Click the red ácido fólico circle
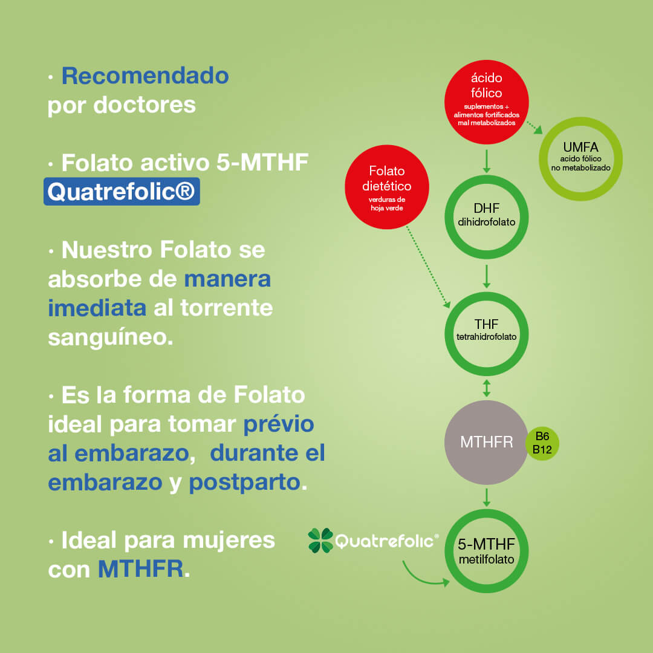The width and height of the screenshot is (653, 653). (x=486, y=102)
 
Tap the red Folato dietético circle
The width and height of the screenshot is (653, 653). (x=387, y=187)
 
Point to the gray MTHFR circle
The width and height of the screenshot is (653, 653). (x=486, y=442)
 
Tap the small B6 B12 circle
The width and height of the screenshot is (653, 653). (x=542, y=443)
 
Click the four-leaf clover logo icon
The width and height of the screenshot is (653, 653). (x=320, y=541)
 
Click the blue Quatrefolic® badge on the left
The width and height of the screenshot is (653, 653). (x=122, y=192)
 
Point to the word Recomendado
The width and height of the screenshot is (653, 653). (x=145, y=76)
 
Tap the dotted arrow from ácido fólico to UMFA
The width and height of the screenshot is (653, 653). (x=534, y=128)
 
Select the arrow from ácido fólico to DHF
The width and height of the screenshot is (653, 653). (x=486, y=161)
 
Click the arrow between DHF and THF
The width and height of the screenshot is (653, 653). (x=486, y=276)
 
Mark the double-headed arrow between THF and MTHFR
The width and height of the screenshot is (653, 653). (x=486, y=388)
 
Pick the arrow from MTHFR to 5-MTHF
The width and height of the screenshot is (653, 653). (x=486, y=497)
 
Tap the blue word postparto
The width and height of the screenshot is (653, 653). (x=244, y=482)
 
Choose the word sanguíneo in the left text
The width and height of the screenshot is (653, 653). (x=111, y=337)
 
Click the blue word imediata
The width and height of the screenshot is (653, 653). (x=97, y=308)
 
